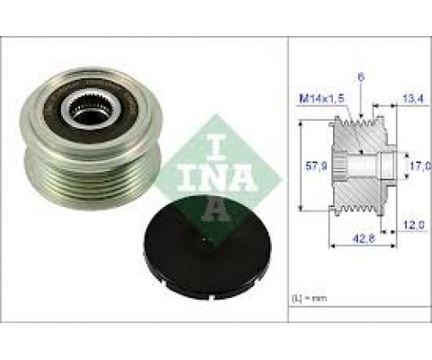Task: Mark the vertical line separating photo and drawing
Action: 289,180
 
